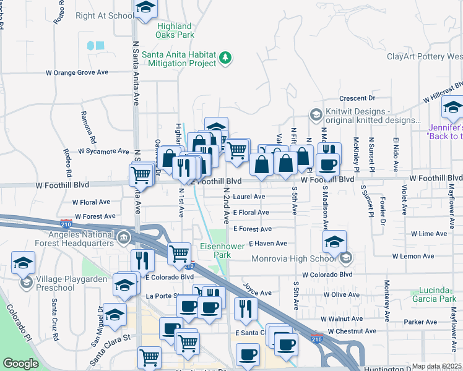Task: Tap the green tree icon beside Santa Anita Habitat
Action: (x=226, y=58)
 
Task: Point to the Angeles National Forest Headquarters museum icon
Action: (x=123, y=237)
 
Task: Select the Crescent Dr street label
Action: (x=358, y=98)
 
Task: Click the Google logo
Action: (x=20, y=363)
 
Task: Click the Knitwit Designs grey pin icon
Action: (x=316, y=114)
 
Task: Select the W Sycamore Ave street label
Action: (x=103, y=150)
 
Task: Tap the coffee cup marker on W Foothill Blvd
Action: (x=327, y=164)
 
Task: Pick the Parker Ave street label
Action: (x=420, y=322)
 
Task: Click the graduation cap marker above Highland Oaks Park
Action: (x=145, y=8)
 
